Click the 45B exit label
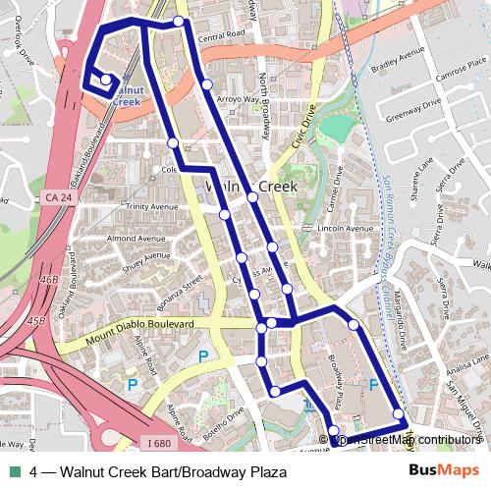[x=37, y=321]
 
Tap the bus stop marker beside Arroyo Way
[x=206, y=84]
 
